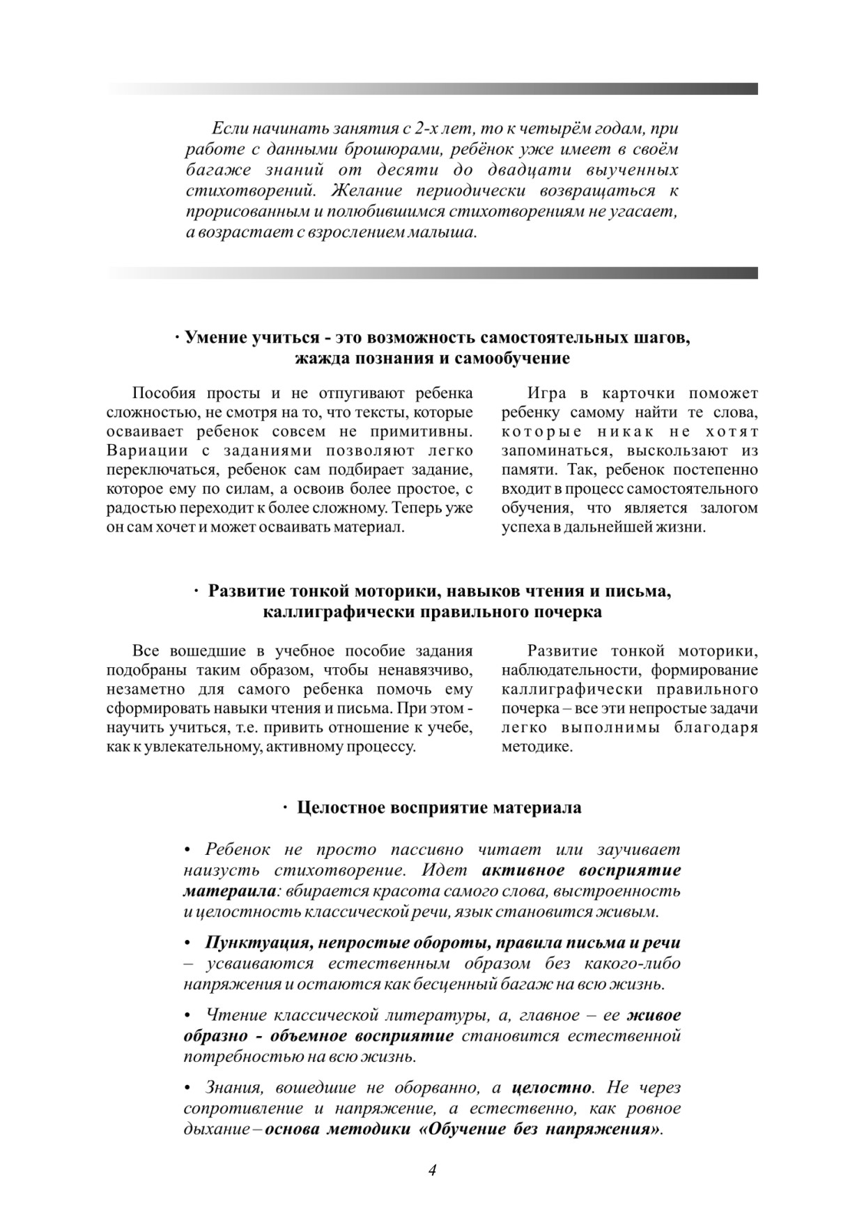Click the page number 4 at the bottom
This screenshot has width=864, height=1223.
point(432,1169)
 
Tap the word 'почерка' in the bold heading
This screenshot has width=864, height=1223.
point(568,612)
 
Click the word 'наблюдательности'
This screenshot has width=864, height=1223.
point(571,671)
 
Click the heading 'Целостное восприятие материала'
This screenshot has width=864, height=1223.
point(439,807)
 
